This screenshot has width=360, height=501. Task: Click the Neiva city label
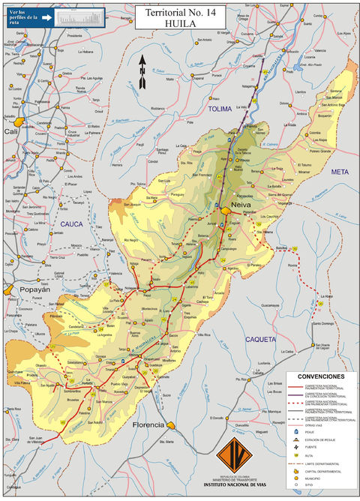coord(240,203)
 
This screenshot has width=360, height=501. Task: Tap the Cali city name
coord(11,131)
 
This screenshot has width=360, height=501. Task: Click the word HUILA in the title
coord(180,23)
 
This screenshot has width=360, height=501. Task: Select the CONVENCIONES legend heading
coord(321,376)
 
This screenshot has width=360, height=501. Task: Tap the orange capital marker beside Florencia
coord(170,425)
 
